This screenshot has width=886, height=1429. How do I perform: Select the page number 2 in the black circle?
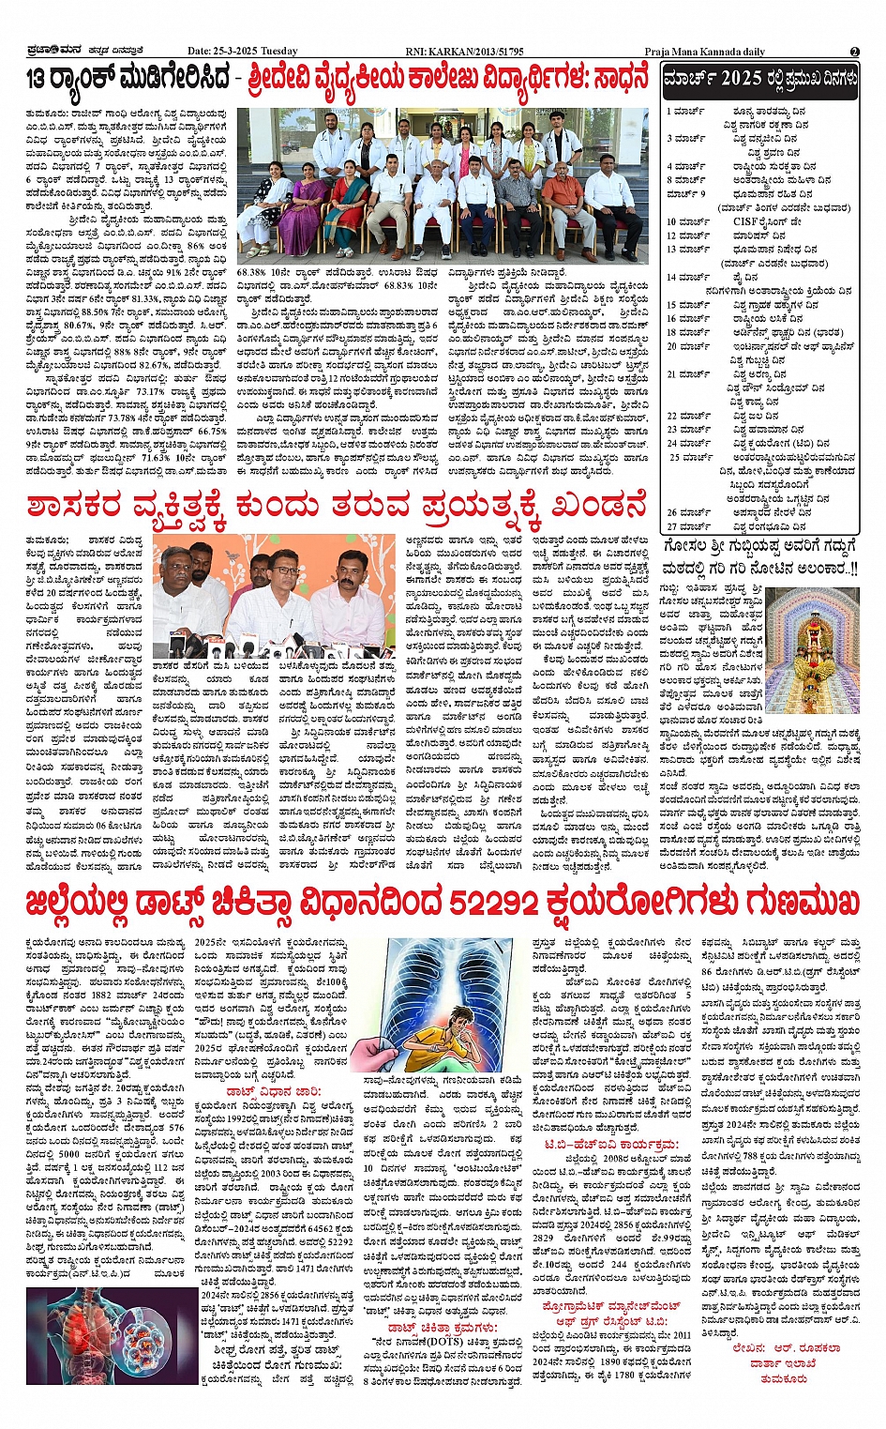point(854,51)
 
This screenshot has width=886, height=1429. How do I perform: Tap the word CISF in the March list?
point(746,221)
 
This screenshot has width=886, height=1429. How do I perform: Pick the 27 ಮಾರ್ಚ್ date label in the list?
point(688,526)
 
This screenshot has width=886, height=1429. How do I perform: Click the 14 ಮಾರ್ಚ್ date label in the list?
point(688,277)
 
